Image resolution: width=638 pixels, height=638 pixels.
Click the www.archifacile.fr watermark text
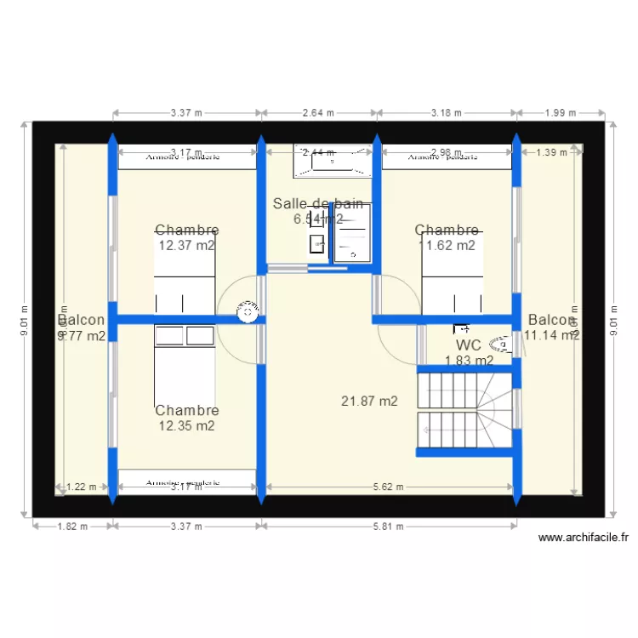tap(584, 538)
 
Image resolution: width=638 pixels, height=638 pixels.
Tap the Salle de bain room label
tap(318, 204)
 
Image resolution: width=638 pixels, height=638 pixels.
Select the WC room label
tap(469, 345)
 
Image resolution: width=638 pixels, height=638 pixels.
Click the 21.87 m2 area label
tap(369, 402)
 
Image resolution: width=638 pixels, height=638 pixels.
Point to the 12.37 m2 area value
tap(186, 245)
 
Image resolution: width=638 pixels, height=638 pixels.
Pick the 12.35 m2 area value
tap(186, 426)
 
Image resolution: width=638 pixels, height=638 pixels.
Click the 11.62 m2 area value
tap(447, 246)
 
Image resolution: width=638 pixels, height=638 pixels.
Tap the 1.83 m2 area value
tap(469, 361)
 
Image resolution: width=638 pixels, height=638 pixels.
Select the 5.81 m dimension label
tap(388, 526)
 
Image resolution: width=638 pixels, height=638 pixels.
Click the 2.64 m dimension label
tap(319, 112)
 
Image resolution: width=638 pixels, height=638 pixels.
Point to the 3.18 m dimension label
tap(447, 112)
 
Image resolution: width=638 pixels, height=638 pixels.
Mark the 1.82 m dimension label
tap(71, 526)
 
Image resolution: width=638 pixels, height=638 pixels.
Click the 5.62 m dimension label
tap(389, 487)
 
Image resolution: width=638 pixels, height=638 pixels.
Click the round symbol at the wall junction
tap(248, 311)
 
